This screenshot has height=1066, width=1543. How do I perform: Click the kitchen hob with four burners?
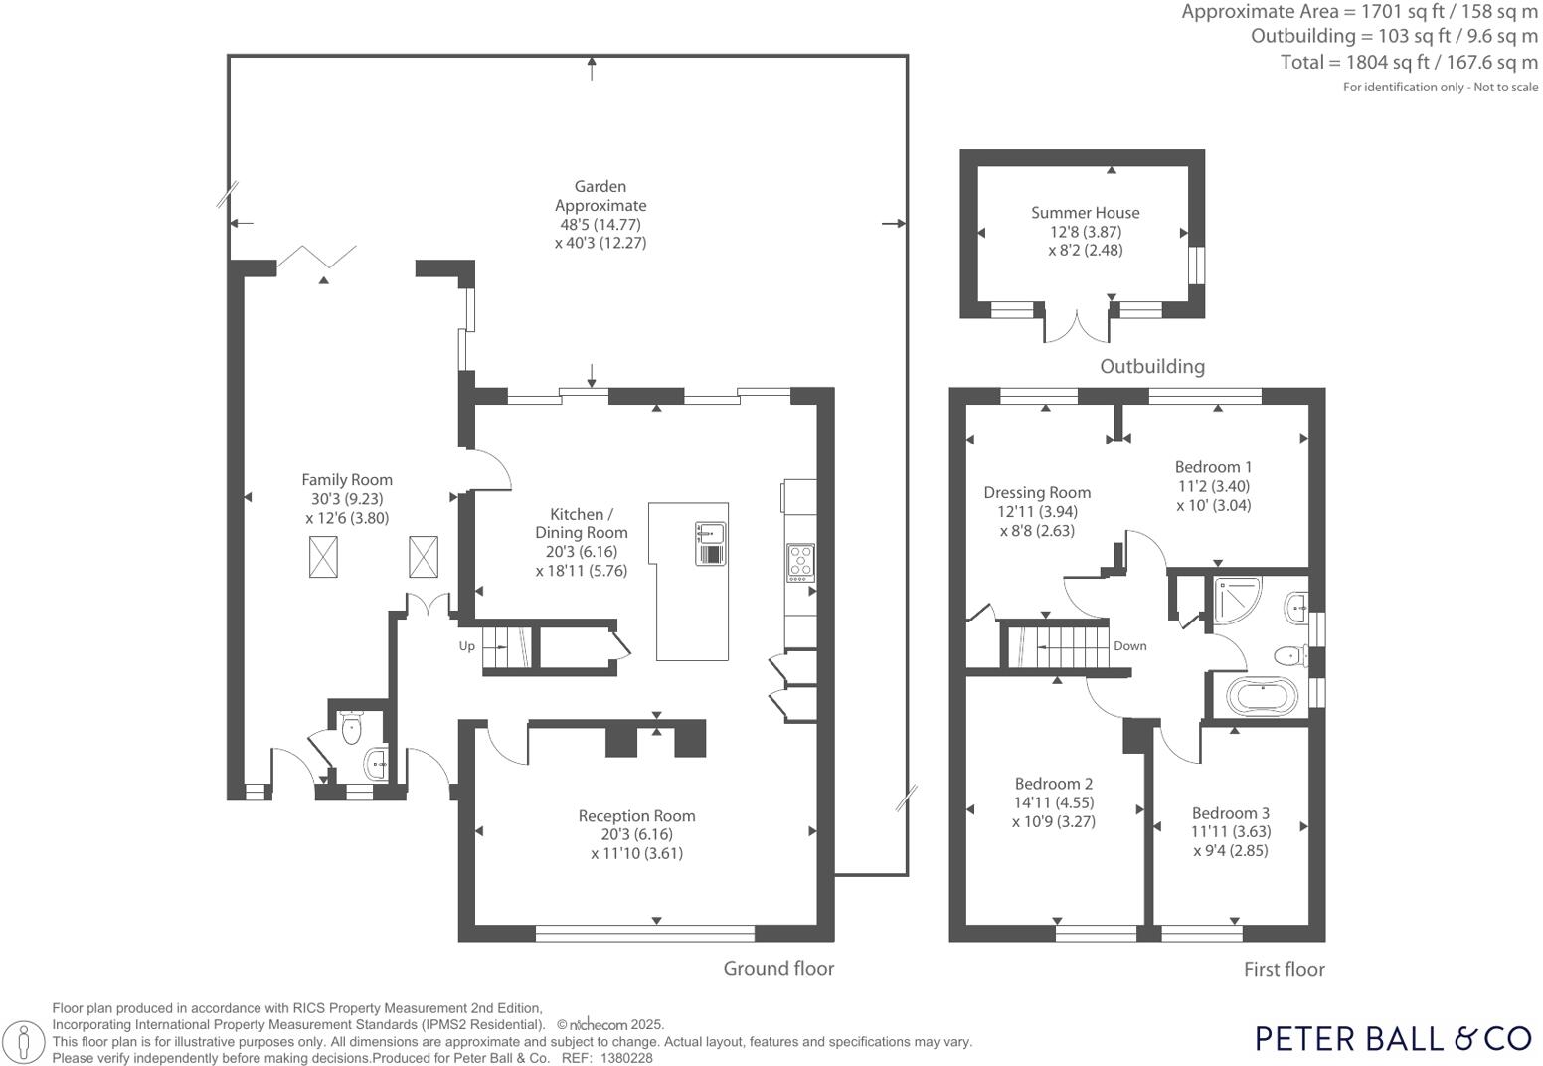click(801, 562)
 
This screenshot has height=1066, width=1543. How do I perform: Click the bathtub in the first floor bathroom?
click(1263, 696)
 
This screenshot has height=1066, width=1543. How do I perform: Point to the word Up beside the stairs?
click(467, 646)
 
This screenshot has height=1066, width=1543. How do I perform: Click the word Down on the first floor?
click(1130, 645)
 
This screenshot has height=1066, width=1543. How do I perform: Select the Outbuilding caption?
click(1151, 366)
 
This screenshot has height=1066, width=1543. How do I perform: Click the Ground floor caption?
click(778, 969)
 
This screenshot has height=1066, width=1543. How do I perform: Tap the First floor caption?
click(1284, 969)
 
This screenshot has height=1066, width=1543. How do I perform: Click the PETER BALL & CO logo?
click(1394, 1038)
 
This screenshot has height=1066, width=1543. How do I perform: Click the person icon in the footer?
click(24, 1040)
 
